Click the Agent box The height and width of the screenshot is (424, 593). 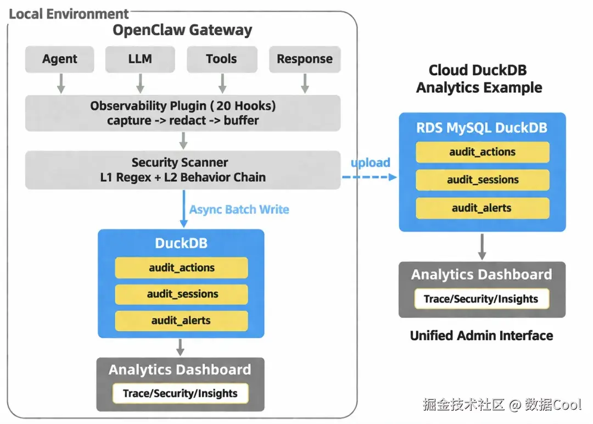[60, 59]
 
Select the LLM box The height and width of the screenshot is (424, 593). [140, 59]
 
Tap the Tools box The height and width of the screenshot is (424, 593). [222, 59]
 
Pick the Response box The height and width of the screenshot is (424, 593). [305, 59]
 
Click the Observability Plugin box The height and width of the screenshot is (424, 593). [183, 113]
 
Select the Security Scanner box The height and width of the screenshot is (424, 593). [183, 170]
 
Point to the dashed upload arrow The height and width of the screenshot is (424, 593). [369, 177]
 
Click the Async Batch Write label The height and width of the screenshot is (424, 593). [239, 209]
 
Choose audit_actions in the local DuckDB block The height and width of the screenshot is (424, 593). [181, 268]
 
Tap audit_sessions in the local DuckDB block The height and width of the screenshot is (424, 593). [181, 294]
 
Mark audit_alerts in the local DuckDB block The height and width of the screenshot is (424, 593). [181, 321]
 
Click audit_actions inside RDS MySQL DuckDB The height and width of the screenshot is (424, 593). [482, 152]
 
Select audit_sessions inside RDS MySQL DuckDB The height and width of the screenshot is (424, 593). [482, 180]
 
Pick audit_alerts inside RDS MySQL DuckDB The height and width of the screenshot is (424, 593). [482, 208]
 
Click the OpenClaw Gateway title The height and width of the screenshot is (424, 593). [182, 30]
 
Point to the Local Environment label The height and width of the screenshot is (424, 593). [69, 14]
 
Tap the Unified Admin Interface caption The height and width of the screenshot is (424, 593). [482, 336]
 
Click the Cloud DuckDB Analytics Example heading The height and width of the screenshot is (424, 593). [479, 79]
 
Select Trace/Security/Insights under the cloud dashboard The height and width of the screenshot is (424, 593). [482, 299]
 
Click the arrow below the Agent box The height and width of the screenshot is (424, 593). [61, 83]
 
